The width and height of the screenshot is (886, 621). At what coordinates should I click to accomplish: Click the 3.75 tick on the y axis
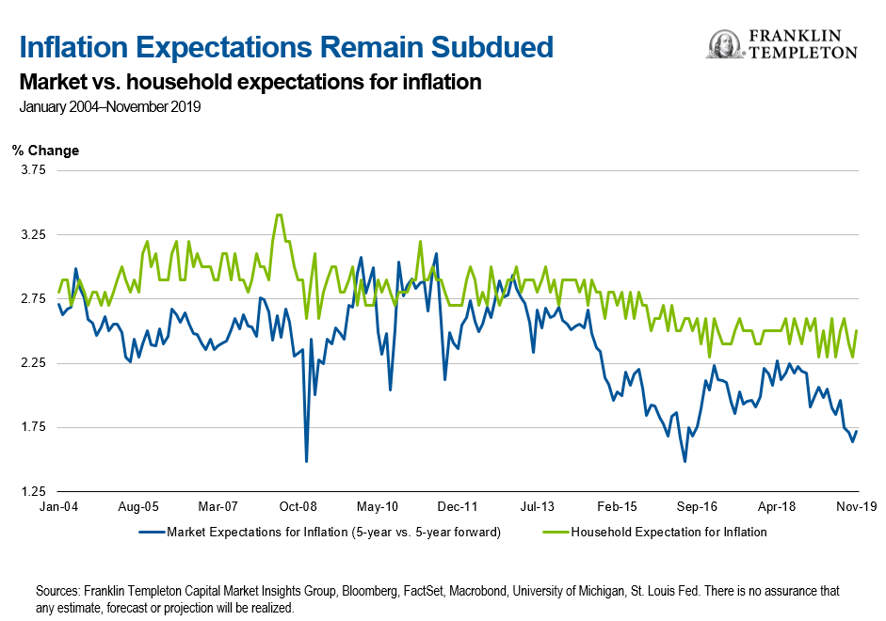click(33, 170)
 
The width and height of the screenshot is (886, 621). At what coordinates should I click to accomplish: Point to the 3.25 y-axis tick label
click(33, 234)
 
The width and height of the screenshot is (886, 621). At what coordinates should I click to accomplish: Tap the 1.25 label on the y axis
click(33, 491)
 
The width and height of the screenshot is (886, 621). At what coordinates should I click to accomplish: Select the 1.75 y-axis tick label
click(33, 427)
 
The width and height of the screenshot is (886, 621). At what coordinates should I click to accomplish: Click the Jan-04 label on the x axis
click(58, 505)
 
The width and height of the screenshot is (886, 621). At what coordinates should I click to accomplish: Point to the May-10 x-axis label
click(378, 505)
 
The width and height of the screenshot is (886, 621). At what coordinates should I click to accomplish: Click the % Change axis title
click(45, 151)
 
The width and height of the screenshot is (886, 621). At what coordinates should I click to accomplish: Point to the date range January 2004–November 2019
click(109, 106)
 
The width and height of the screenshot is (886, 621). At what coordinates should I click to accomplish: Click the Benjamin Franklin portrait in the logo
click(722, 44)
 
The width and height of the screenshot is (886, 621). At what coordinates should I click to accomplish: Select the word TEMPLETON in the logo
click(803, 54)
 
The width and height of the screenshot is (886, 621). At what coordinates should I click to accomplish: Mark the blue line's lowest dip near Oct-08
click(306, 461)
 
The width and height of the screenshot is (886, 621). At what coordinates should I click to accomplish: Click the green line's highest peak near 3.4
click(278, 215)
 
